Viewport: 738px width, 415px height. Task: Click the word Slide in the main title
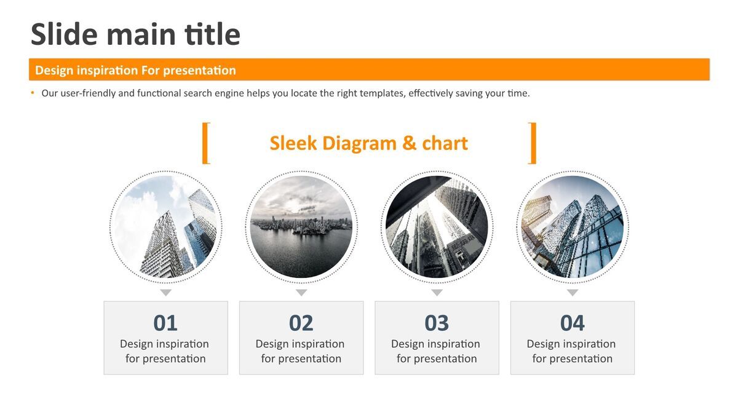click(x=64, y=34)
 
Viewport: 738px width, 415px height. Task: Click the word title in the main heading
click(x=213, y=34)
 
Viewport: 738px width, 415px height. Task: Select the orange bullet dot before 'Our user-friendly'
click(x=32, y=93)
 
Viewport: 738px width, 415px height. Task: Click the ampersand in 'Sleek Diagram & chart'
click(x=409, y=143)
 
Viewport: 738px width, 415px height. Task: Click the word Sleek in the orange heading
click(x=293, y=143)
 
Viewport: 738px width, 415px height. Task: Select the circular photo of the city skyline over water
click(x=301, y=227)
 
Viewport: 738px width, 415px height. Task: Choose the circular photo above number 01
click(x=165, y=227)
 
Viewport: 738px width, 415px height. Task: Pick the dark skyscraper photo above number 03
click(x=437, y=227)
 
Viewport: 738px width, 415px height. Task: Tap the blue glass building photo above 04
click(x=573, y=227)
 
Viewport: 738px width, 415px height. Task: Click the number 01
click(x=165, y=323)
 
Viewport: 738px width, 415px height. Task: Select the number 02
click(x=301, y=323)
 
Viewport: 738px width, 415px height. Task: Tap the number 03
click(x=437, y=323)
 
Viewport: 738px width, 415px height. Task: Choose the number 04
click(x=573, y=323)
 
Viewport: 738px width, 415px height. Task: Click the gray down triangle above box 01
click(x=165, y=292)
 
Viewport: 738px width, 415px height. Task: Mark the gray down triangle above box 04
click(x=573, y=292)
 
